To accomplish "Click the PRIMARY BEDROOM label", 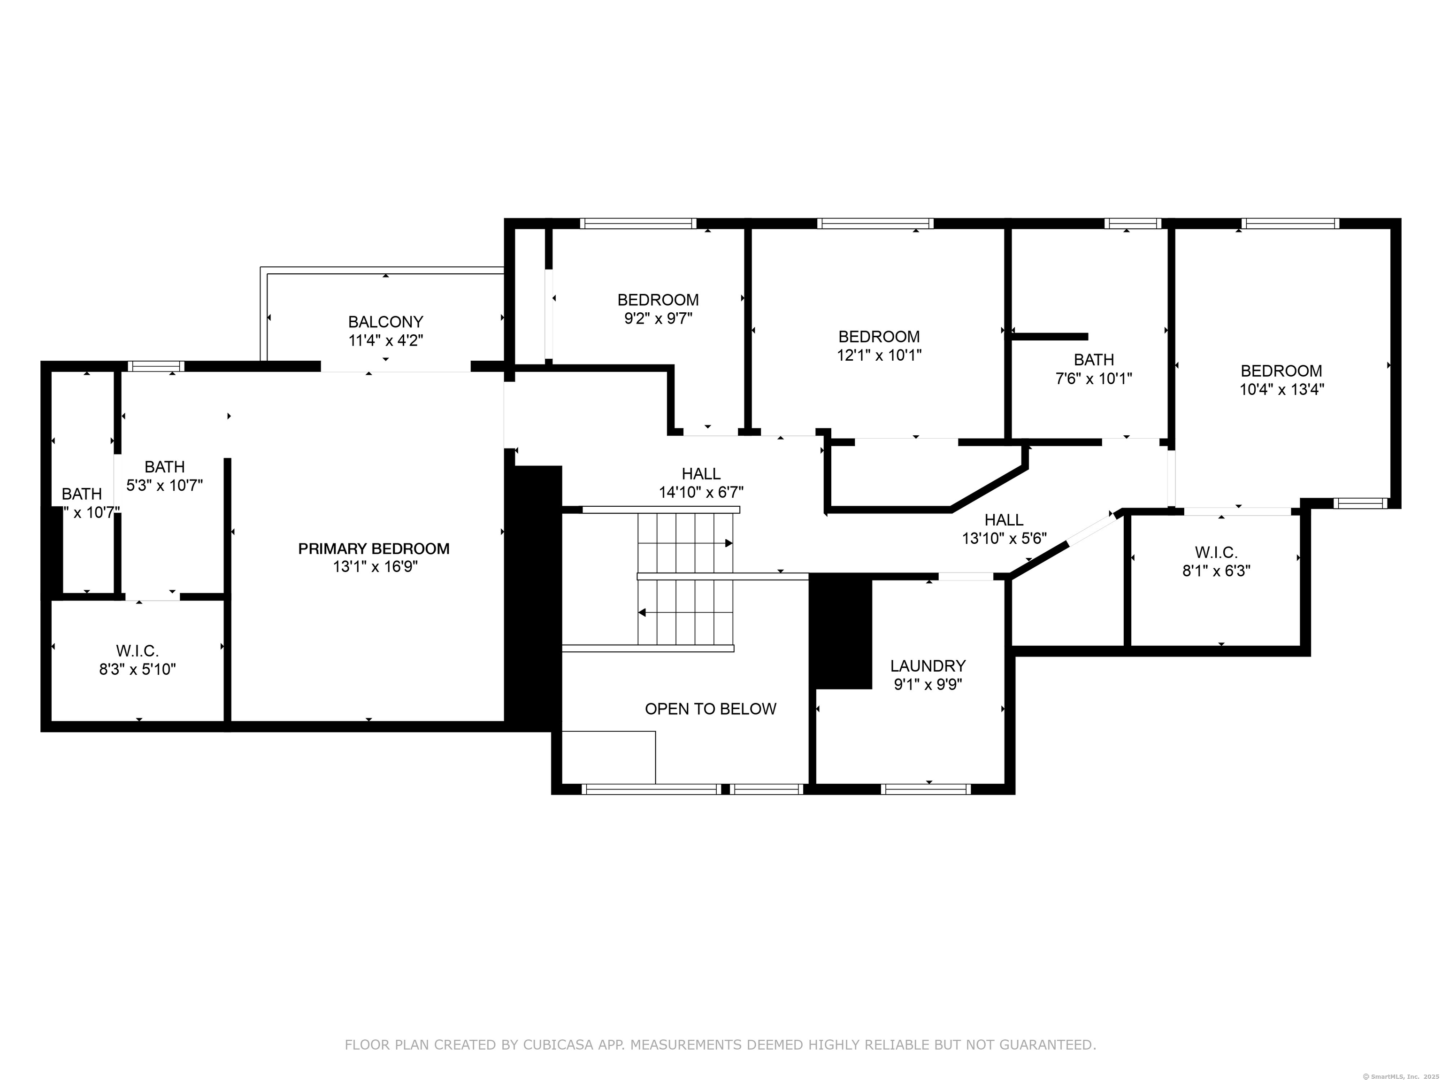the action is point(374,549).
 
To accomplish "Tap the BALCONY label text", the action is point(385,322).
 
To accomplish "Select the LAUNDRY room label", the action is point(928,666).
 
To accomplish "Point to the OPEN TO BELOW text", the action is point(711,709).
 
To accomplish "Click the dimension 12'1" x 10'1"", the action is point(879,356).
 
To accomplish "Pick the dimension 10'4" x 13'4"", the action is point(1281,389).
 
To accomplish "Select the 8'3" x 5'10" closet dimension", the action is point(138,669).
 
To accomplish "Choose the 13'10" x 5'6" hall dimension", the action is point(1004,539).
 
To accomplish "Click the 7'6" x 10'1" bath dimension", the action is point(1094,378).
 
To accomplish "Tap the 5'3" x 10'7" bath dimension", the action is point(164,485).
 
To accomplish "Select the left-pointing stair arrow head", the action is point(642,612).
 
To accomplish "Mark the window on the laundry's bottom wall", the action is point(926,789).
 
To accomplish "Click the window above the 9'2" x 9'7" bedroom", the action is point(638,223).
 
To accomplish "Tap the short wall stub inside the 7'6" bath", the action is point(1050,337).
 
